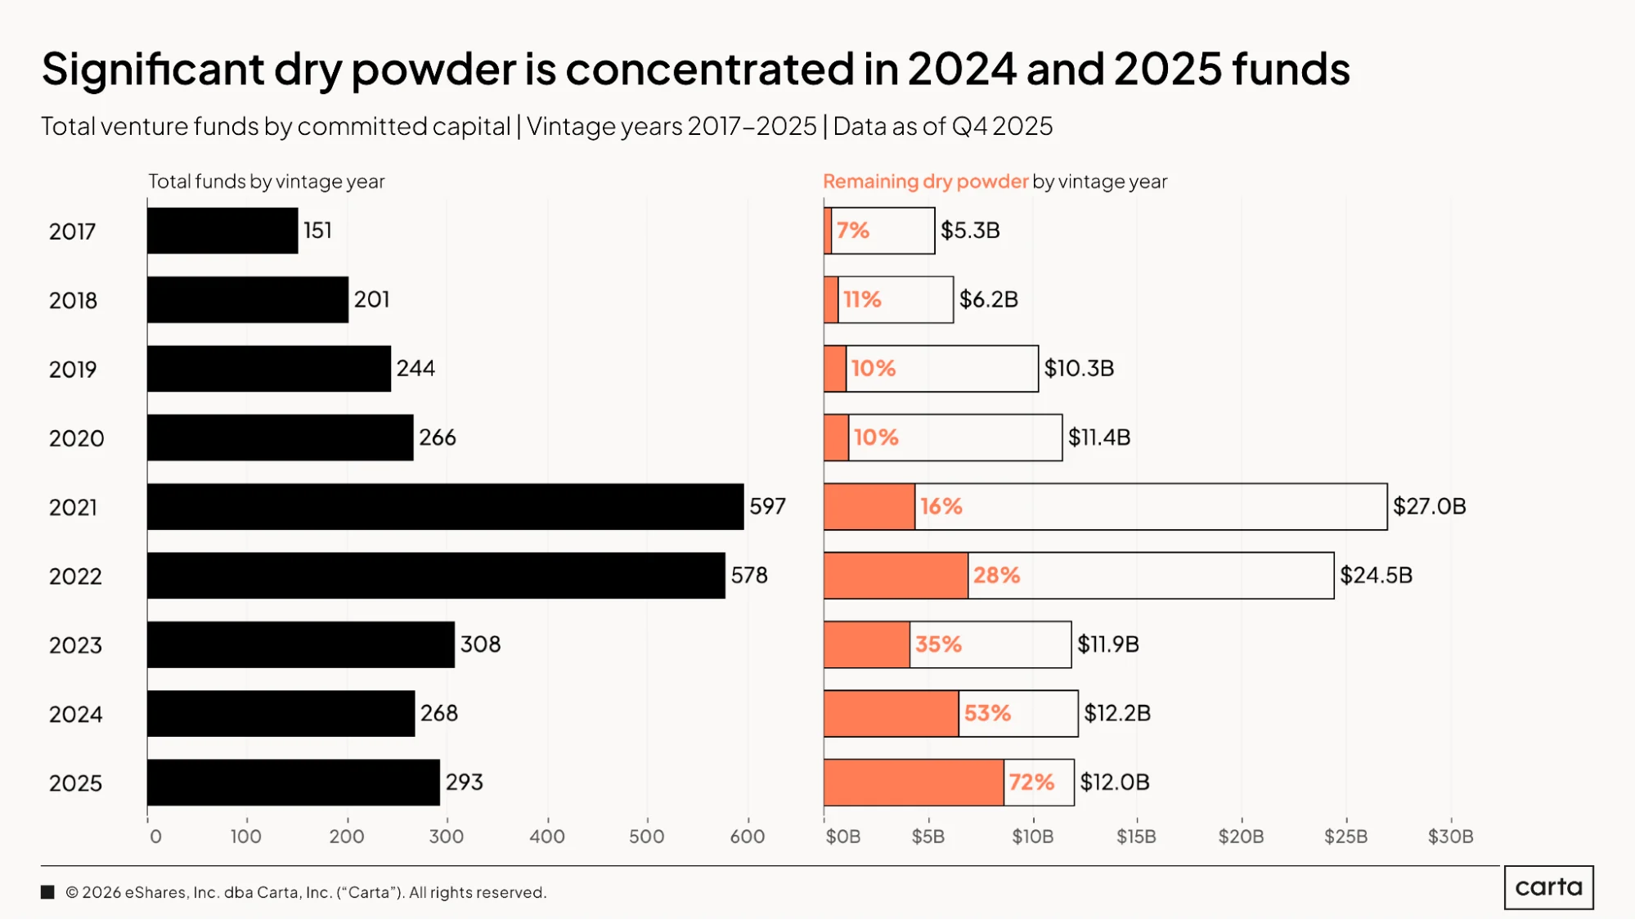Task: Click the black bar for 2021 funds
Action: click(446, 507)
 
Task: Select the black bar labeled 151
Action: click(222, 231)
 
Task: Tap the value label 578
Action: click(749, 576)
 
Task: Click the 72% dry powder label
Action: click(1031, 783)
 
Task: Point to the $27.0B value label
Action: click(1430, 506)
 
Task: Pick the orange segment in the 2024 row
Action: click(892, 714)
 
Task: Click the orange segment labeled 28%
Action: click(896, 576)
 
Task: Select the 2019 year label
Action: click(73, 370)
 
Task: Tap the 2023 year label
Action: click(75, 646)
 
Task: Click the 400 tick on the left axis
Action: click(547, 837)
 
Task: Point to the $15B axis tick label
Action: click(1137, 837)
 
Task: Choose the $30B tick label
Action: click(1451, 837)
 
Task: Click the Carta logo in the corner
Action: click(1549, 887)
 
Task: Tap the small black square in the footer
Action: click(47, 892)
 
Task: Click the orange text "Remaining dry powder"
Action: click(925, 182)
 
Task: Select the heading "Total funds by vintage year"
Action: click(267, 182)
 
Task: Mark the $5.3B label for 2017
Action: click(970, 231)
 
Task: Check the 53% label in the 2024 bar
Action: click(987, 714)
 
